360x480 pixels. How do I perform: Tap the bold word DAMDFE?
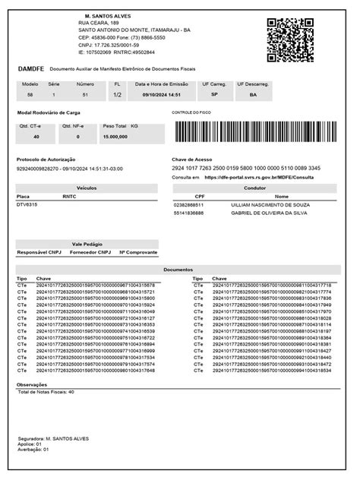click(31, 68)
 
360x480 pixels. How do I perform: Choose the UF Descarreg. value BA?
click(253, 96)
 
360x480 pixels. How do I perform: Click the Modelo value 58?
click(30, 96)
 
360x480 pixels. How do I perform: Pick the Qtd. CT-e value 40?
click(35, 137)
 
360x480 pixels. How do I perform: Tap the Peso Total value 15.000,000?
click(115, 137)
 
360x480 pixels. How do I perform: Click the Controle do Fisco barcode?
click(254, 131)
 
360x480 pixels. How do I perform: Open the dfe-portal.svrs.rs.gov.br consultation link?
click(259, 177)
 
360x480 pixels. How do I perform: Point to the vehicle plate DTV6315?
click(27, 204)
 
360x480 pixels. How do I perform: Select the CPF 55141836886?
click(188, 213)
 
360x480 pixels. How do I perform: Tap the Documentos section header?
click(178, 270)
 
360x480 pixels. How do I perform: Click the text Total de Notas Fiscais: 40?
click(46, 393)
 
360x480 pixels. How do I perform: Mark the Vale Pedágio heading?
click(87, 243)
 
